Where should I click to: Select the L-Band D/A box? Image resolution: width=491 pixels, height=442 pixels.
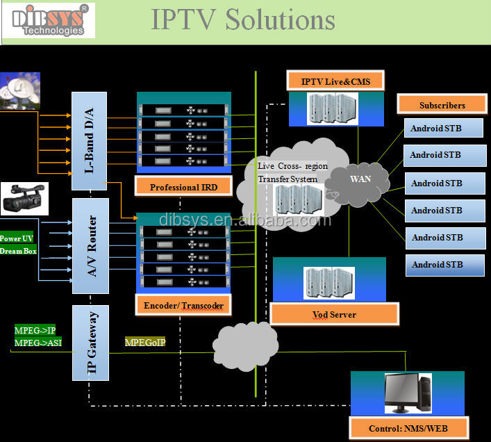[x=90, y=141]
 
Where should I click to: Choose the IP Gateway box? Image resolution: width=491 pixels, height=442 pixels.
[x=90, y=343]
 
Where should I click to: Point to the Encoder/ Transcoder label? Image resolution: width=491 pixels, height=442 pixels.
[x=183, y=305]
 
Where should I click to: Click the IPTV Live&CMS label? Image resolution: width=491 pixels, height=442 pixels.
[x=335, y=81]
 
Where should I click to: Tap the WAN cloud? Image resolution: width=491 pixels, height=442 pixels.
[x=360, y=179]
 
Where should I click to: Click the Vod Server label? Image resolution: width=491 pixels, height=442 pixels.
[x=333, y=315]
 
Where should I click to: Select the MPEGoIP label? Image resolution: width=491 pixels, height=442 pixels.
[x=145, y=342]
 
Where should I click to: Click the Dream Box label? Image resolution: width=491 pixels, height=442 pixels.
[x=18, y=251]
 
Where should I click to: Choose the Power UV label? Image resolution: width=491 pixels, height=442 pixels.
[x=16, y=238]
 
